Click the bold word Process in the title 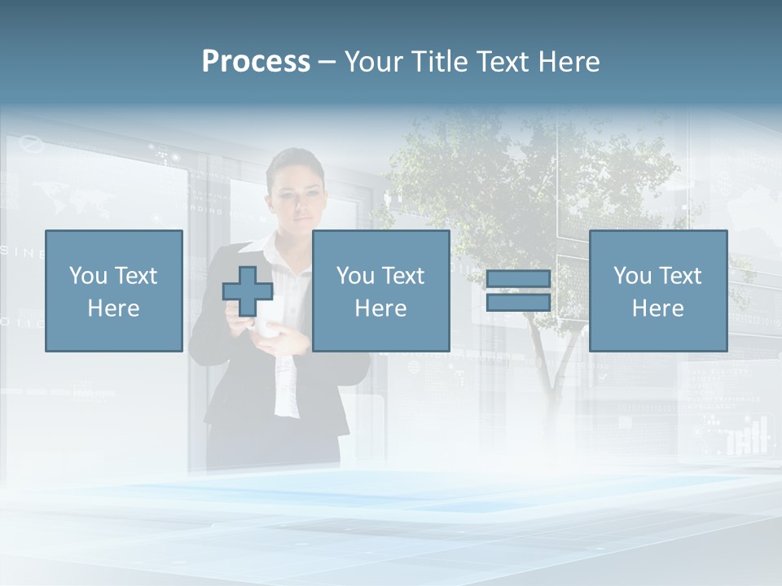[256, 62]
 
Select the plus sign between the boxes [248, 291]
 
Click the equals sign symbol [518, 291]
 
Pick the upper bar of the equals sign [518, 279]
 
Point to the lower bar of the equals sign [518, 303]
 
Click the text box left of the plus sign [114, 291]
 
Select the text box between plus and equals [381, 291]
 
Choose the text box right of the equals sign [658, 291]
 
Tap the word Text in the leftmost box [136, 276]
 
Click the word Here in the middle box [381, 308]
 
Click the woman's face [298, 200]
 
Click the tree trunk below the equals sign [544, 358]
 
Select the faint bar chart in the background [747, 437]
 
